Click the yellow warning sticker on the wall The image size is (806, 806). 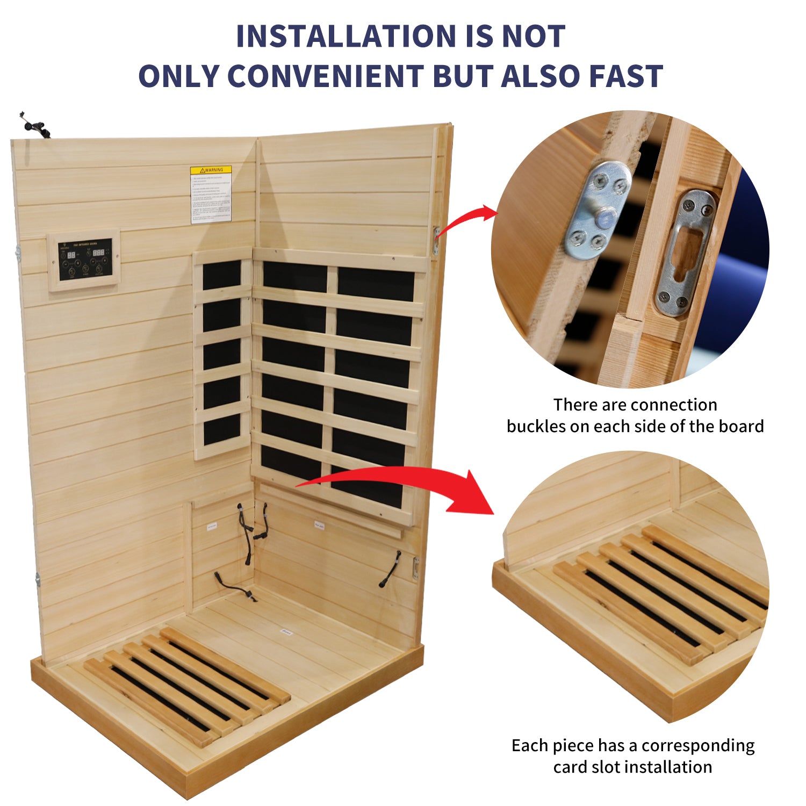click(211, 194)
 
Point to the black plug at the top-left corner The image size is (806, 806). click(34, 126)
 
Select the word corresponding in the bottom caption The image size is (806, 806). click(698, 746)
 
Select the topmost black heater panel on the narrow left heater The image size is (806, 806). click(221, 275)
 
